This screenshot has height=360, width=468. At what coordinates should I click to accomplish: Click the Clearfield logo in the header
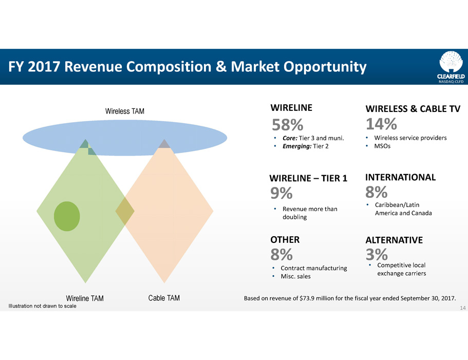coord(451,67)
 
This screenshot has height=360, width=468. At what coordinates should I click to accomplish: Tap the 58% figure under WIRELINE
coord(287,125)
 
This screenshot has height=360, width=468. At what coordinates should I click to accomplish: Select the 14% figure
coord(382,124)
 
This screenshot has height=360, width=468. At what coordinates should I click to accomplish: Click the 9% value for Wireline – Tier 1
coord(282,193)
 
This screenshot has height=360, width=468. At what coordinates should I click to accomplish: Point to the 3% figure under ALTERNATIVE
coord(377,254)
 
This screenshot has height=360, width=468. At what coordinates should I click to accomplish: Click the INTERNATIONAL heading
coord(400,177)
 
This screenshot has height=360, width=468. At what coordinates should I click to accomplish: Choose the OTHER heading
coord(285,239)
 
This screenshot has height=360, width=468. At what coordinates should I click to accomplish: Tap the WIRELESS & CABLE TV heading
coord(413,108)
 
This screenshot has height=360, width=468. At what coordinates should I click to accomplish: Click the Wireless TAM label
coord(125,111)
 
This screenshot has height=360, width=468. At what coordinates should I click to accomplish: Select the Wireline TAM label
coord(85,298)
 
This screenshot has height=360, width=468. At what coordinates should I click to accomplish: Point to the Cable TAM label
coord(164,298)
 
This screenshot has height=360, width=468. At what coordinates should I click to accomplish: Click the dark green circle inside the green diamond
coord(67,216)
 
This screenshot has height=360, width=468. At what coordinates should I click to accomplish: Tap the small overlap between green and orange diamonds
coord(125,211)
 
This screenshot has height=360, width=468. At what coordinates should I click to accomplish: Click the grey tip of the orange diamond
coord(164,144)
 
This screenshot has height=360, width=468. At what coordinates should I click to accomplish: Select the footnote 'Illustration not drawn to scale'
coord(43,306)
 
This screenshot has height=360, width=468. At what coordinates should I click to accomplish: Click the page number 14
coord(463,308)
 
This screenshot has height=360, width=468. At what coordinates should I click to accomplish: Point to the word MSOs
coord(382,146)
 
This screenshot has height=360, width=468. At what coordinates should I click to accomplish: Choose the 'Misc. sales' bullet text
coord(295,276)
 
